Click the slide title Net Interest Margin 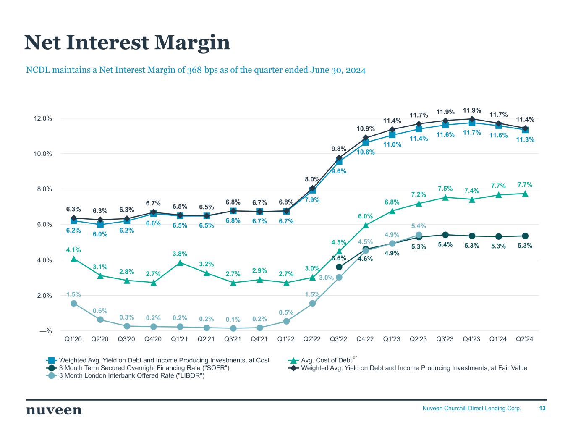click(x=127, y=43)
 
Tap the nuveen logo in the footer click(x=54, y=410)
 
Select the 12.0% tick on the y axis click(x=43, y=118)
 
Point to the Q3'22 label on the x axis click(x=339, y=339)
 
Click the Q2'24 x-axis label click(x=525, y=339)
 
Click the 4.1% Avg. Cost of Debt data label click(x=73, y=250)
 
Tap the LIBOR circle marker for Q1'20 click(x=74, y=303)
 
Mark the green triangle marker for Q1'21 click(x=180, y=263)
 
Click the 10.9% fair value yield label click(x=366, y=128)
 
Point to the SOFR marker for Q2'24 click(x=525, y=236)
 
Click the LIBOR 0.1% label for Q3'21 click(x=233, y=320)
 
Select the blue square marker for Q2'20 click(x=100, y=225)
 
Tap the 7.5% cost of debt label click(x=445, y=189)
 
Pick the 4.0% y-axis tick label click(x=43, y=260)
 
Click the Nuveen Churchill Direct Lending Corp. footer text click(x=471, y=408)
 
